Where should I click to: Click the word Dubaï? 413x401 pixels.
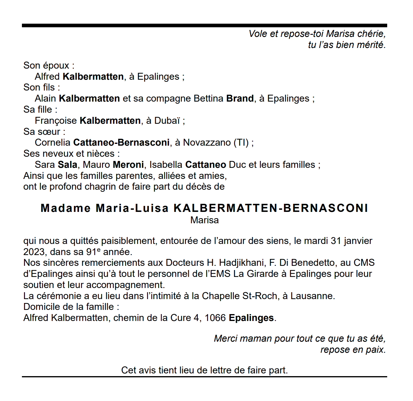click(x=167, y=120)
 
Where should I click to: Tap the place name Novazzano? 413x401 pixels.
click(x=207, y=142)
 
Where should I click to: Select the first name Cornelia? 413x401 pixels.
click(x=53, y=142)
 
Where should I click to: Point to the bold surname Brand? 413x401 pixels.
click(x=240, y=98)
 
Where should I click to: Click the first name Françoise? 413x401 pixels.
click(x=56, y=120)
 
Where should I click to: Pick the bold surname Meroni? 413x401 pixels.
click(x=128, y=165)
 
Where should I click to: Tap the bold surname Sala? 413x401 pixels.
click(x=68, y=165)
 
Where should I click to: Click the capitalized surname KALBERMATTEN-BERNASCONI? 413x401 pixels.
click(x=271, y=208)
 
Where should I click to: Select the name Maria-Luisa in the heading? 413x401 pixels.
click(x=132, y=208)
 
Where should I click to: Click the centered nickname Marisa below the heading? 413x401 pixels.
click(x=204, y=220)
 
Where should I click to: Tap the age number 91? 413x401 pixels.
click(x=91, y=252)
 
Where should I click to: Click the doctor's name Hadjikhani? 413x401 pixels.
click(x=242, y=263)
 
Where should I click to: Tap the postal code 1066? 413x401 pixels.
click(x=215, y=318)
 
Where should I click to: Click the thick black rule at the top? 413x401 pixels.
click(x=204, y=25)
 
